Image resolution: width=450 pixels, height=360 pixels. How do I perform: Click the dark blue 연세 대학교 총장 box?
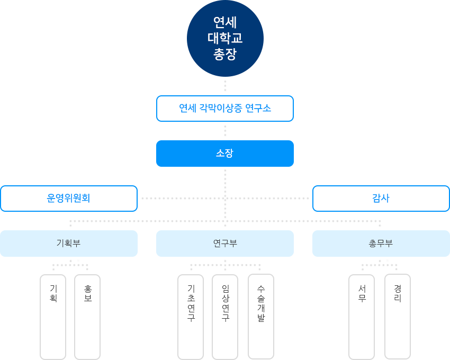pos(225,39)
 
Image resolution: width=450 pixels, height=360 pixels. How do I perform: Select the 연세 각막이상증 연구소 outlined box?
pos(225,109)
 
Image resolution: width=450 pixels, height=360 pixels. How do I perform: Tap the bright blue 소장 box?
pos(225,154)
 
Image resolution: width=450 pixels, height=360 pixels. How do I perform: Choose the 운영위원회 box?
pos(69,199)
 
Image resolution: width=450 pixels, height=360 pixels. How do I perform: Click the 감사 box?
pos(381,199)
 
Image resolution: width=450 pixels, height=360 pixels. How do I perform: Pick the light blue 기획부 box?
pos(69,244)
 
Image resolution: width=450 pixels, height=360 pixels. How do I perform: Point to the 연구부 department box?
pos(225,244)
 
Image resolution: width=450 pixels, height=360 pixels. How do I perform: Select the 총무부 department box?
pos(381,244)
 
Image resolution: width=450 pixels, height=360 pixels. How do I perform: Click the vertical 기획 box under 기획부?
pos(53,317)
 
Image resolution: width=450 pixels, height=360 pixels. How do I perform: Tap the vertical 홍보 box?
pos(87,317)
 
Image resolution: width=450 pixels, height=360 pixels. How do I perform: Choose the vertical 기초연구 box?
pos(191,317)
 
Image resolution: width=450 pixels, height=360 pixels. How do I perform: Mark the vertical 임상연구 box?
pos(225,317)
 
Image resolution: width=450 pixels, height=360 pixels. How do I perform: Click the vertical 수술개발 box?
pos(261,317)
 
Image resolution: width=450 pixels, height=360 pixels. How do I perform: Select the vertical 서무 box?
pos(362,317)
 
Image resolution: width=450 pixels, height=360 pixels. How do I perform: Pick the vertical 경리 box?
pos(398,317)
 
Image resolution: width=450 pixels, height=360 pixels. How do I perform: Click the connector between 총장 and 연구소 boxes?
pos(225,86)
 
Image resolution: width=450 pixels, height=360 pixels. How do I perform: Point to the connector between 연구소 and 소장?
pos(225,131)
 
